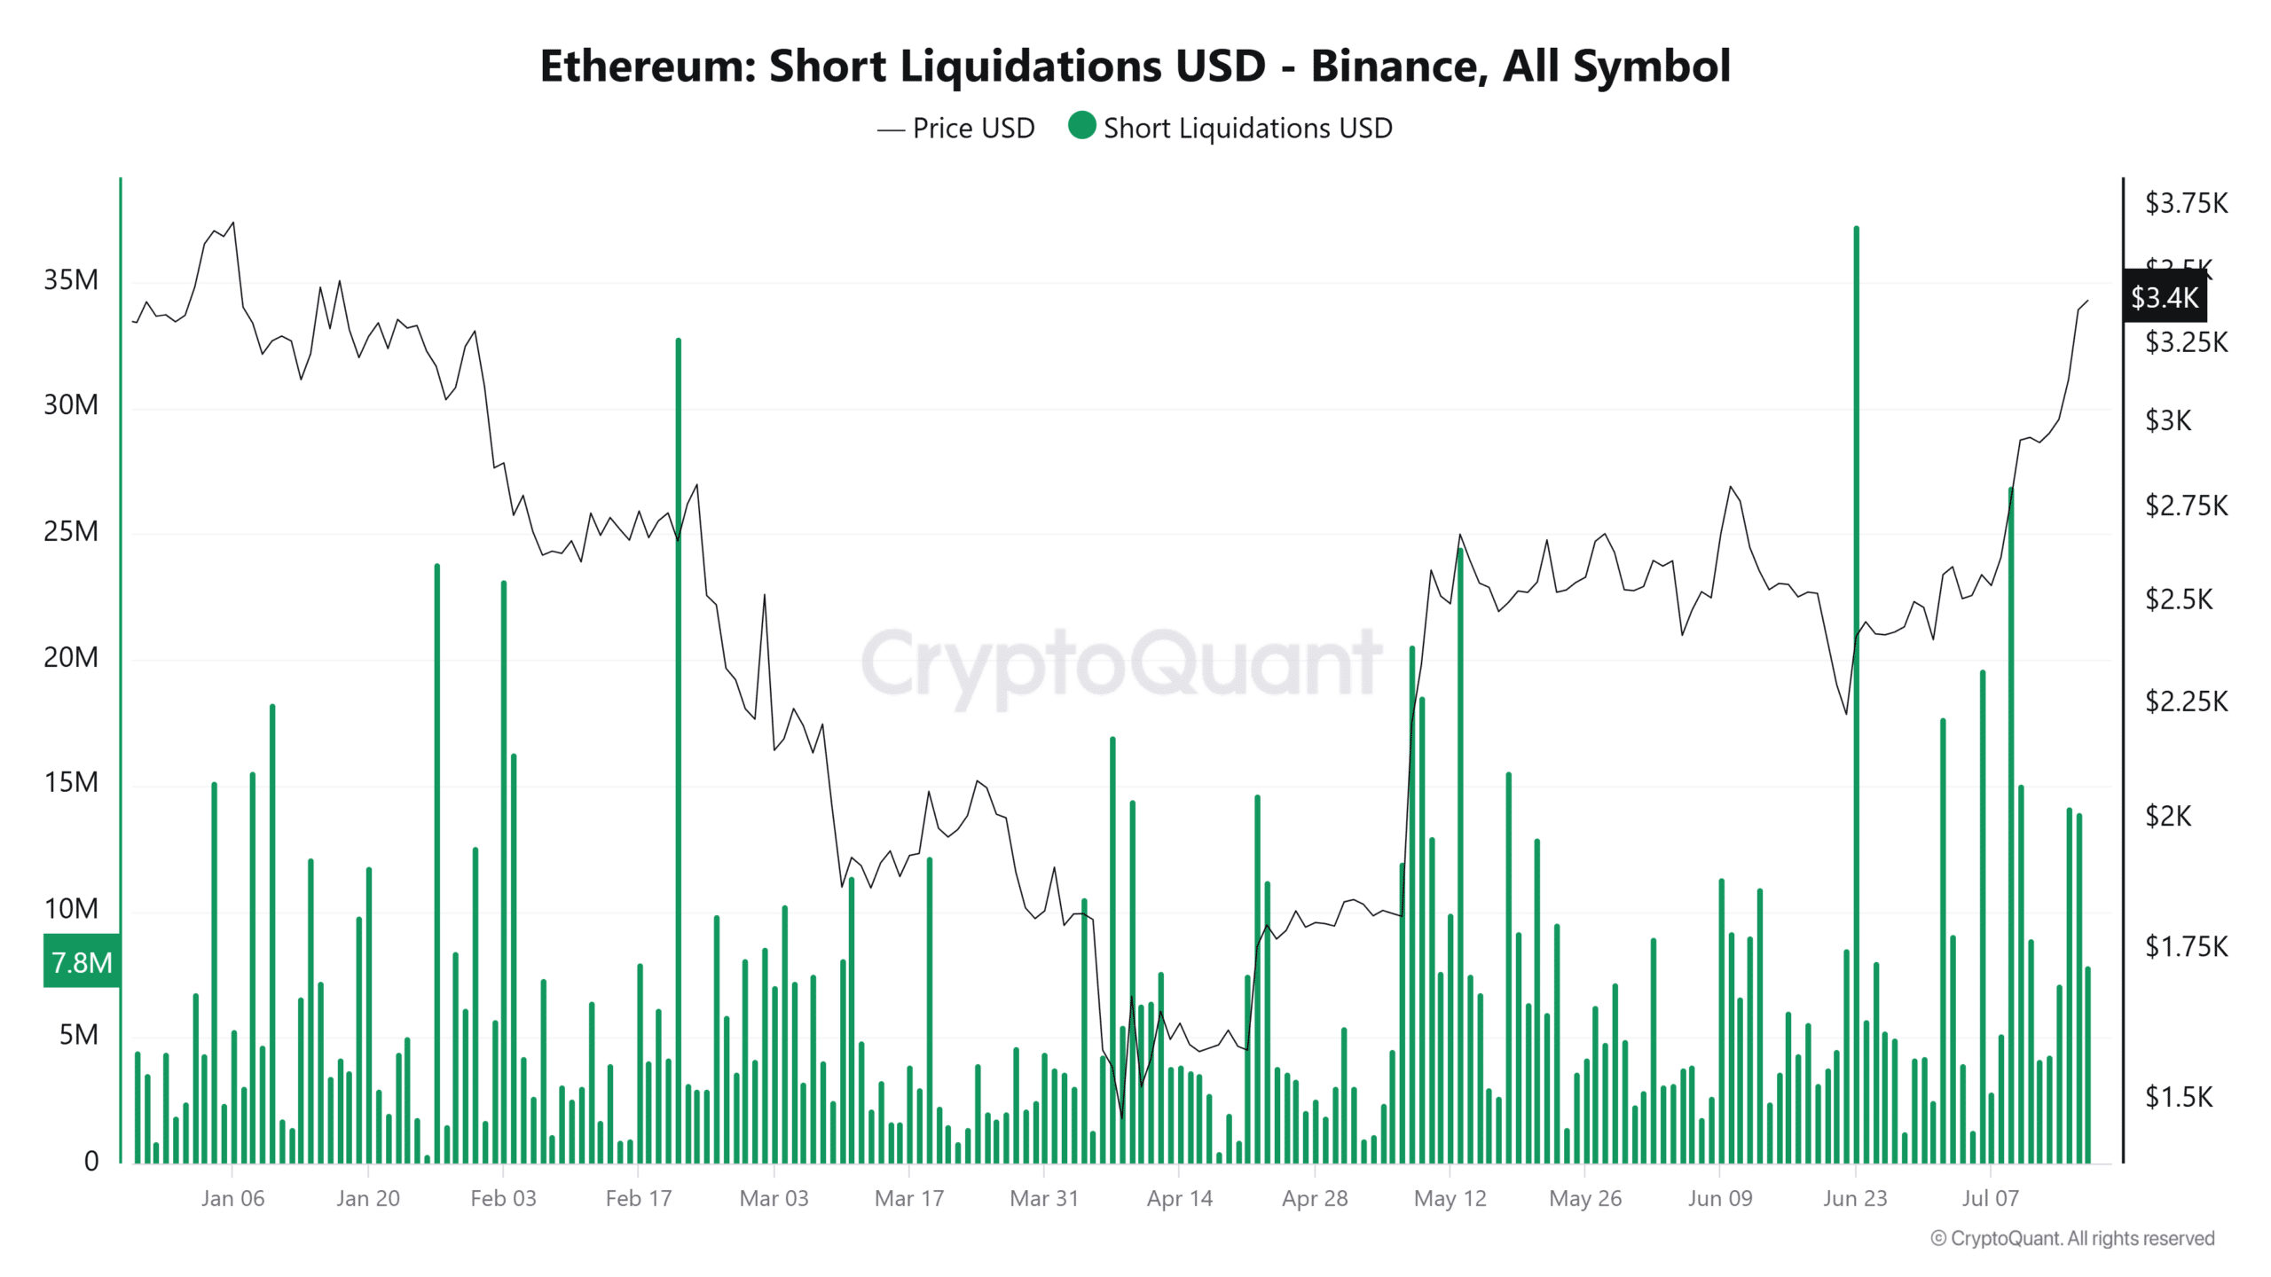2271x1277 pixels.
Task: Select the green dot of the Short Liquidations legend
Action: [1081, 126]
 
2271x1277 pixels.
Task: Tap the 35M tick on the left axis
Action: [71, 280]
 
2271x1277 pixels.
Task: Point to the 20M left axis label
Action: [71, 657]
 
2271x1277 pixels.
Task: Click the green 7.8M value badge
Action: [82, 962]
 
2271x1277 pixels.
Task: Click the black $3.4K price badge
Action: [2165, 297]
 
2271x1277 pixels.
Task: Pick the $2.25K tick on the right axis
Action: [2186, 701]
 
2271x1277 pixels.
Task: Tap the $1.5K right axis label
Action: [2179, 1097]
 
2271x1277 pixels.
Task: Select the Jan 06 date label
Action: [232, 1198]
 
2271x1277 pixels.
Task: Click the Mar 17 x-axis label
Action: [909, 1198]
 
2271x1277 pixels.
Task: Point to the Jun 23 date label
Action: [1855, 1198]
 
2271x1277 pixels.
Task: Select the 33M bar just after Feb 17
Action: [679, 709]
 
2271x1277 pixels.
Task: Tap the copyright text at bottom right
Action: [2072, 1238]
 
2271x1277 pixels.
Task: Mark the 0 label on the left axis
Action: [91, 1161]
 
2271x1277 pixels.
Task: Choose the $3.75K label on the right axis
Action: [2186, 203]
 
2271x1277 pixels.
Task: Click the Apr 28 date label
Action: [1315, 1198]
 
